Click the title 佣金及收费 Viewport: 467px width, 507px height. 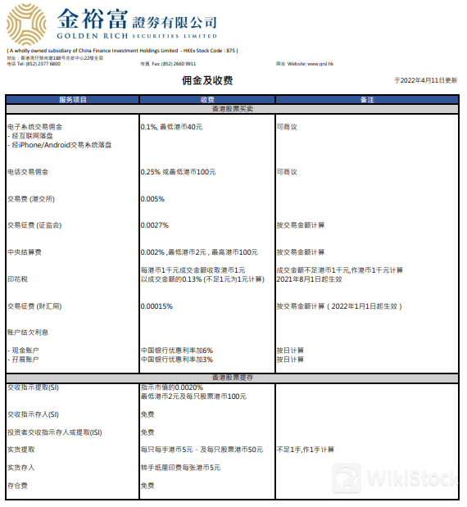click(207, 81)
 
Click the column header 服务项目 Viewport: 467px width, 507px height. click(73, 99)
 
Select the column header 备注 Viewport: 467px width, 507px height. click(367, 99)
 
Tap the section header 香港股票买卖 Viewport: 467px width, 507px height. click(233, 108)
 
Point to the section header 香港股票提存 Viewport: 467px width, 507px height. click(233, 378)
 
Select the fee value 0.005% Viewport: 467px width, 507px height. click(153, 199)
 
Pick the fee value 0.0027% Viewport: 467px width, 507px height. click(155, 225)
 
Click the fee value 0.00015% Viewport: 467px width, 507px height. click(157, 306)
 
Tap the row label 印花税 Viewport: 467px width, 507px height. click(18, 278)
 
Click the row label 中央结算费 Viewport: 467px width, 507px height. click(25, 251)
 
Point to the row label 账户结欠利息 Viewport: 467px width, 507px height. click(28, 333)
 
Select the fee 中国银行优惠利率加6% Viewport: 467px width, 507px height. click(177, 351)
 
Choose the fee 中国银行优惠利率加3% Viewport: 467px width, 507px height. click(177, 359)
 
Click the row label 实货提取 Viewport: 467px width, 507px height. click(21, 450)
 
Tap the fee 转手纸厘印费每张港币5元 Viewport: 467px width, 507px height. click(180, 468)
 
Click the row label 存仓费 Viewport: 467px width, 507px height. click(18, 486)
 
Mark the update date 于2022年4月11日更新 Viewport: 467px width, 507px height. click(425, 80)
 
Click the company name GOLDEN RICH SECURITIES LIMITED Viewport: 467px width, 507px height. click(137, 36)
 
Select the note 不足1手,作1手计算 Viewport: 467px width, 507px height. click(306, 450)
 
